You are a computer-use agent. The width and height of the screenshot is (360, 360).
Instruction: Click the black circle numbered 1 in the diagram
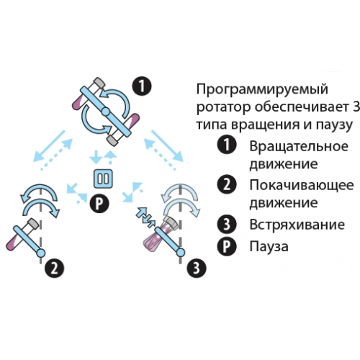pyautogui.click(x=142, y=86)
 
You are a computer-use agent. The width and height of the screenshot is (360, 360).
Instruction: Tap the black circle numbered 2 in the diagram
pyautogui.click(x=55, y=269)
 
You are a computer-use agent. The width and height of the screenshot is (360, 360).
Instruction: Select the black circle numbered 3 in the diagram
pyautogui.click(x=197, y=268)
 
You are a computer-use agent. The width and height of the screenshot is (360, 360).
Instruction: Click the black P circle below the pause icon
pyautogui.click(x=99, y=204)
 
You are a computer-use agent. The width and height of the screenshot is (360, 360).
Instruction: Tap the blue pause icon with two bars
pyautogui.click(x=103, y=179)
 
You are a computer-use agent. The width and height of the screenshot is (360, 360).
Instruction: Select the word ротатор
pyautogui.click(x=224, y=107)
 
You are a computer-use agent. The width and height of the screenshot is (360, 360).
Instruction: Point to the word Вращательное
pyautogui.click(x=299, y=146)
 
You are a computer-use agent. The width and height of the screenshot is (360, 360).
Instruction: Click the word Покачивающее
pyautogui.click(x=302, y=185)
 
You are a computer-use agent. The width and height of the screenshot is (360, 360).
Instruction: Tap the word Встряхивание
pyautogui.click(x=297, y=225)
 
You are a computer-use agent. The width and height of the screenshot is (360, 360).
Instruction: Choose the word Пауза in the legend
pyautogui.click(x=269, y=246)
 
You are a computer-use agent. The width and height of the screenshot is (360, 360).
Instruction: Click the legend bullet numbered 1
pyautogui.click(x=227, y=145)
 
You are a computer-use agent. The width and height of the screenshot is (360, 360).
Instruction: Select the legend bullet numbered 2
pyautogui.click(x=227, y=185)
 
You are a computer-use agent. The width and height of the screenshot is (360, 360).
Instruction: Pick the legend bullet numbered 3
pyautogui.click(x=227, y=225)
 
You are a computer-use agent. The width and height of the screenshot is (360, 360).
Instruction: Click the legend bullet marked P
pyautogui.click(x=227, y=246)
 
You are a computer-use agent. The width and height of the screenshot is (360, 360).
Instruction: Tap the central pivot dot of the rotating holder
pyautogui.click(x=105, y=112)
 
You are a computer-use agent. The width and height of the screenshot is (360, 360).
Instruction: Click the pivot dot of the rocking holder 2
pyautogui.click(x=40, y=253)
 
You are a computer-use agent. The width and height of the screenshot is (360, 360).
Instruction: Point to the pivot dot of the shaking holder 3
pyautogui.click(x=181, y=253)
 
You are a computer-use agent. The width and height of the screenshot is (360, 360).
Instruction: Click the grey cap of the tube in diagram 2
pyautogui.click(x=32, y=224)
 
